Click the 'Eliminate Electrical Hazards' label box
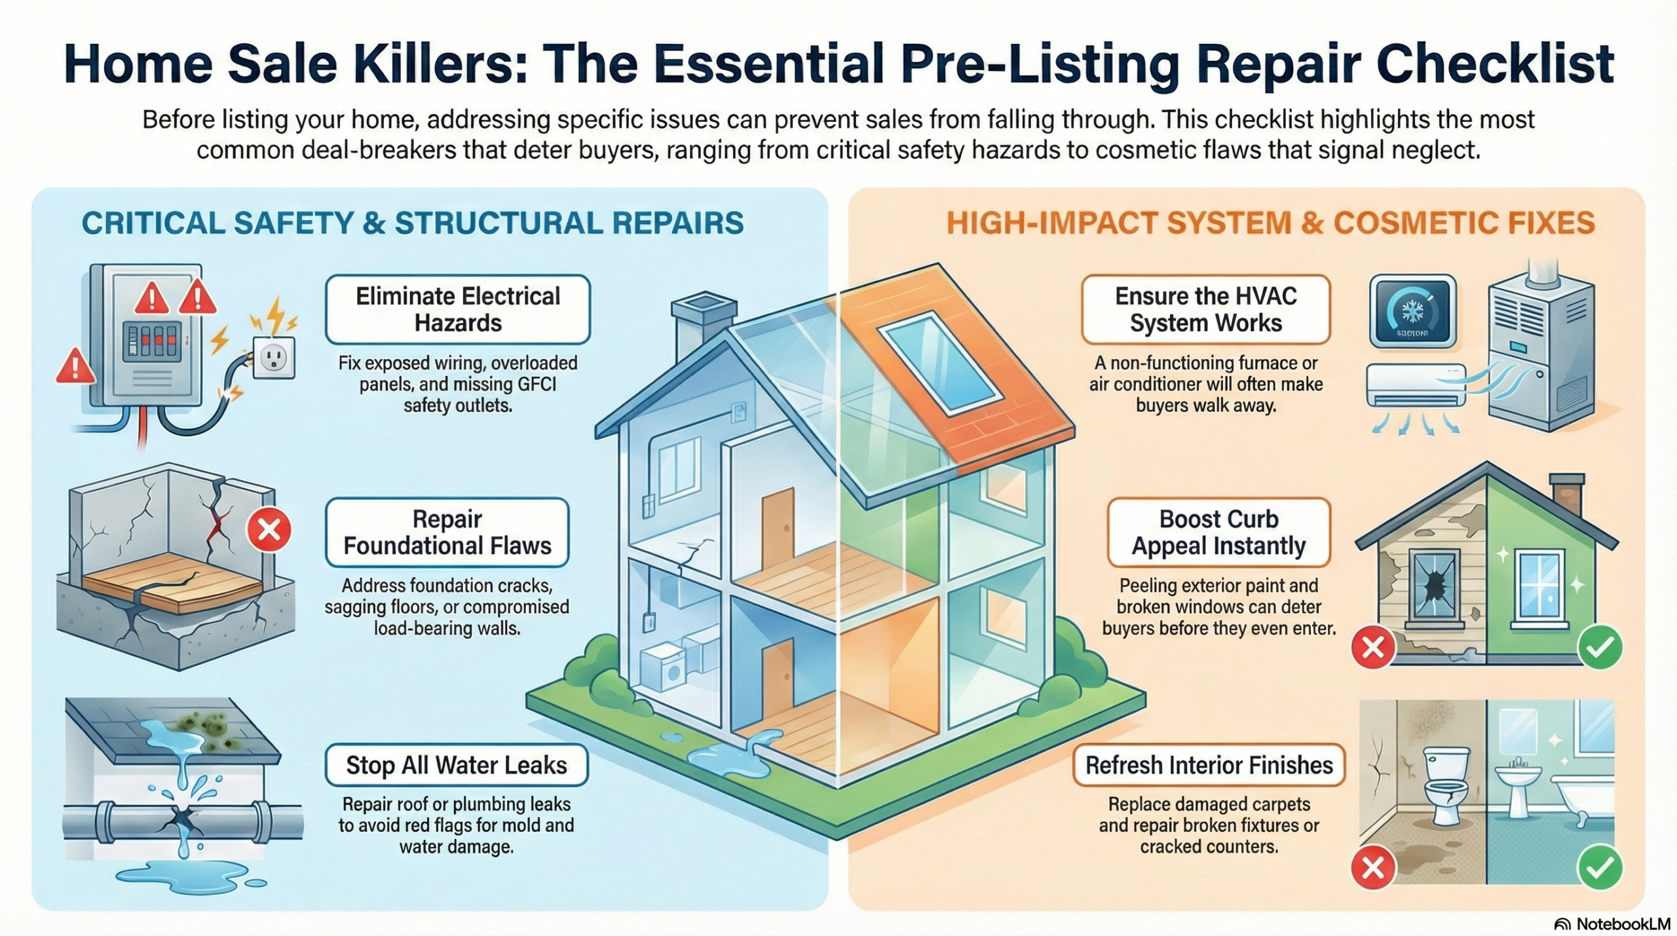[457, 309]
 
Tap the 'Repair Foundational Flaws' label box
[447, 532]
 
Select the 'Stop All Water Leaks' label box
[456, 764]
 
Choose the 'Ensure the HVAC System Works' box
[1205, 309]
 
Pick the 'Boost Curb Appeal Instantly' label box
[1218, 532]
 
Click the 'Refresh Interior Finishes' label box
[1209, 764]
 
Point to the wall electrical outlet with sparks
[274, 358]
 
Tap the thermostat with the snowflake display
[1412, 310]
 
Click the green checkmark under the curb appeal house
[1600, 647]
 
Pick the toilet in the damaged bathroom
[1445, 786]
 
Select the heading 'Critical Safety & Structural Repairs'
[413, 223]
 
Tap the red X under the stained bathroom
[1372, 868]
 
